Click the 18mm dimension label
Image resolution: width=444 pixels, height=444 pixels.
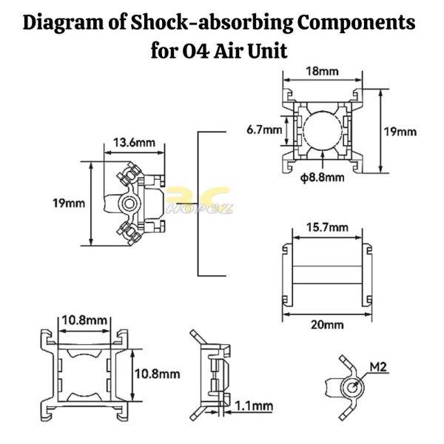click(322, 71)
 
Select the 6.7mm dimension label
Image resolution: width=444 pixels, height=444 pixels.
click(264, 130)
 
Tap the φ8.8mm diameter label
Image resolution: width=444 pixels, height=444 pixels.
click(322, 178)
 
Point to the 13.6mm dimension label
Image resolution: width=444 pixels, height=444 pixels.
click(134, 142)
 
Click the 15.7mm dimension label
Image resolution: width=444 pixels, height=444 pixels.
click(327, 227)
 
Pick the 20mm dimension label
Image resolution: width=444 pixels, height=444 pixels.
click(327, 325)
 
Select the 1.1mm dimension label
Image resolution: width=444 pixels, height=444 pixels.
click(254, 406)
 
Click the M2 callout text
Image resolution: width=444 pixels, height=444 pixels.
click(378, 367)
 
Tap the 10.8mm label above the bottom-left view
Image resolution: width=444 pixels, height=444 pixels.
click(84, 320)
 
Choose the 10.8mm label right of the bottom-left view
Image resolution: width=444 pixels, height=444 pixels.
click(157, 374)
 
